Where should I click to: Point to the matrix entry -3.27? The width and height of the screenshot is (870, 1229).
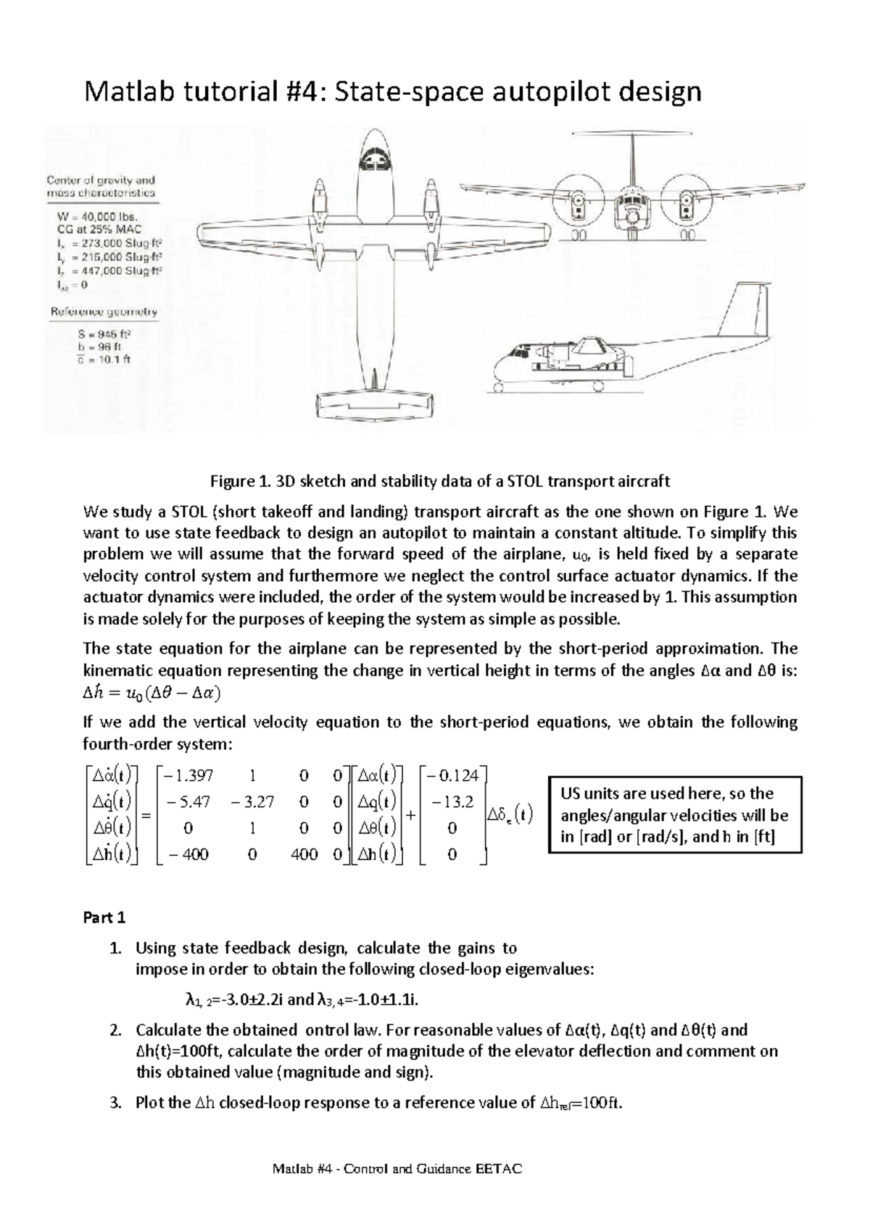pyautogui.click(x=252, y=802)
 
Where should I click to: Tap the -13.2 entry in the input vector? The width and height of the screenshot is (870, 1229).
pyautogui.click(x=452, y=802)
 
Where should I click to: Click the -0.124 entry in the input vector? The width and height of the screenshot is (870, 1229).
pyautogui.click(x=452, y=775)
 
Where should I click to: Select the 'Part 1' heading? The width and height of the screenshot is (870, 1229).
pyautogui.click(x=104, y=917)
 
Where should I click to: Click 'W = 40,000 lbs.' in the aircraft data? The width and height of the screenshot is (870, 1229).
pyautogui.click(x=98, y=216)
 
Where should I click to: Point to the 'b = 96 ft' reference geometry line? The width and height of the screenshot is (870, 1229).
pyautogui.click(x=86, y=346)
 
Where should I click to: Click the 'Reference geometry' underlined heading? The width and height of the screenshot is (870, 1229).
pyautogui.click(x=102, y=312)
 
